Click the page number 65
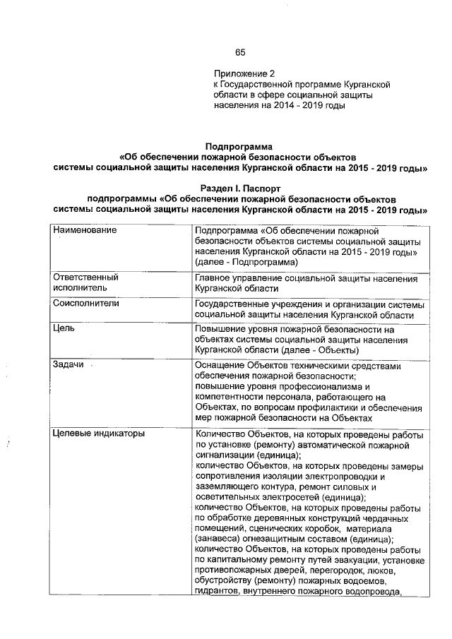click(x=240, y=52)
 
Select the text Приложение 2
click(x=243, y=73)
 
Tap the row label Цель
click(x=64, y=328)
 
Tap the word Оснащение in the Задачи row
click(x=220, y=366)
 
